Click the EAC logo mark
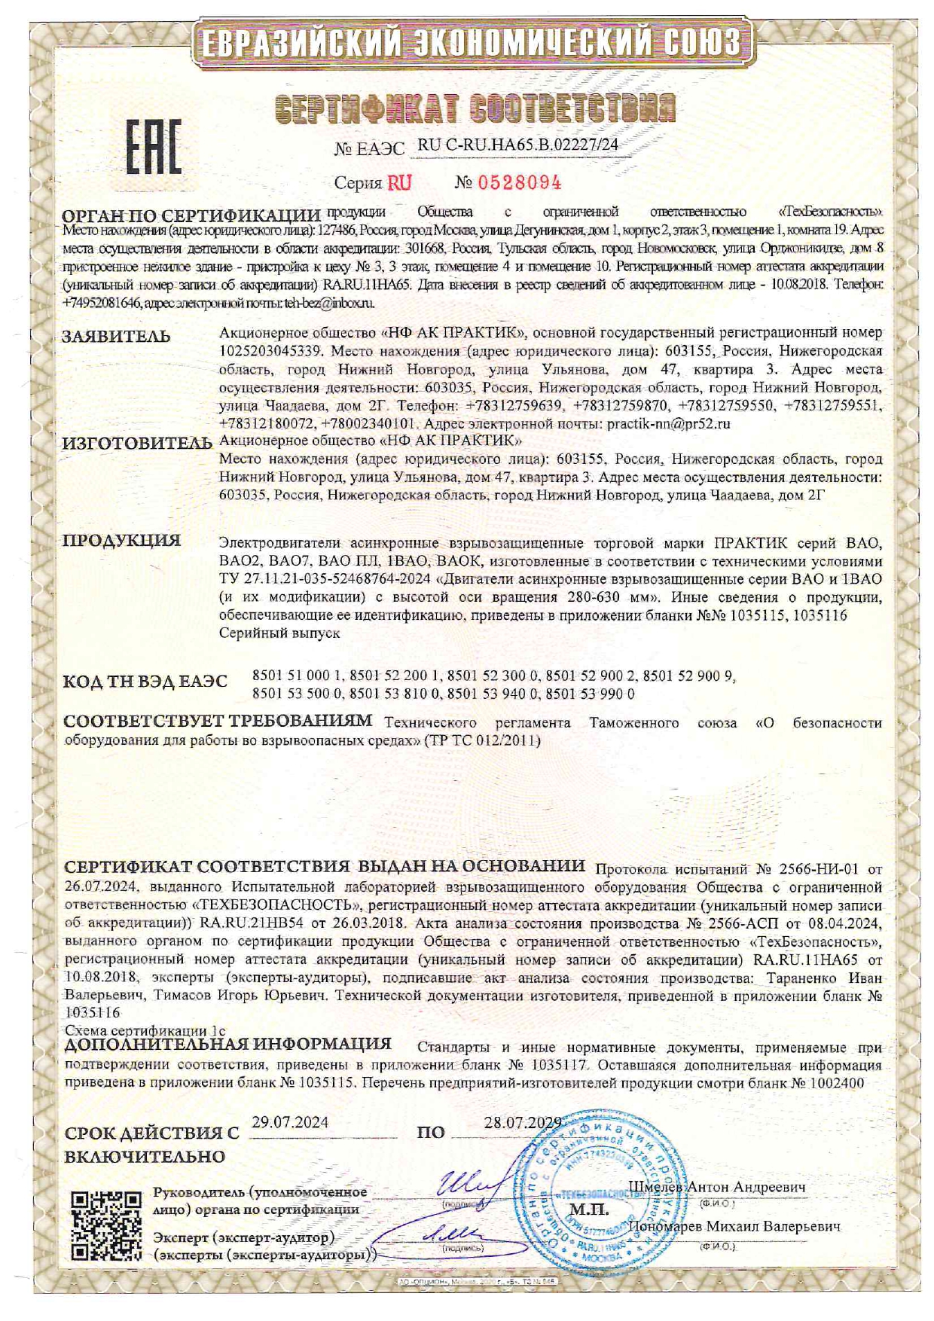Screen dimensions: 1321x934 pos(152,148)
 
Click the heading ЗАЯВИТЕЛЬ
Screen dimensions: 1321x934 pos(116,337)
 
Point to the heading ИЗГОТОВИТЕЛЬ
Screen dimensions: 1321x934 pos(137,443)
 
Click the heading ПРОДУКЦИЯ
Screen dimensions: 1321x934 pos(121,541)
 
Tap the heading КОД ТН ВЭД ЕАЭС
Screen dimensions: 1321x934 pos(145,682)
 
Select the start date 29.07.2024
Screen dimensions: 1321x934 pos(290,1122)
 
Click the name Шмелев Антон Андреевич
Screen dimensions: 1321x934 pos(717,1187)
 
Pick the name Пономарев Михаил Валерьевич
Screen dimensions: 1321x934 pos(734,1225)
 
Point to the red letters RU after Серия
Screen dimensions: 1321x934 pos(399,183)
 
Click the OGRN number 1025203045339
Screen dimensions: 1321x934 pos(271,351)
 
